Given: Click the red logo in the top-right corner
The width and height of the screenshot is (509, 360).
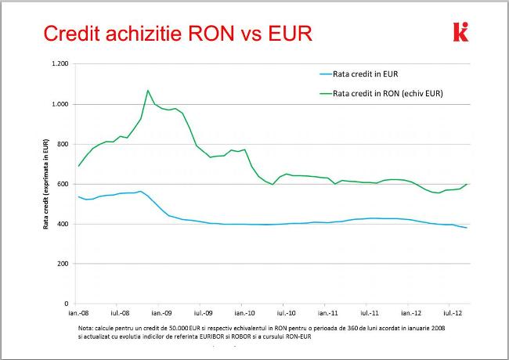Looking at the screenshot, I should [x=460, y=32].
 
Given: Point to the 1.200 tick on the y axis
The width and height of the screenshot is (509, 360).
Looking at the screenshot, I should [x=60, y=63].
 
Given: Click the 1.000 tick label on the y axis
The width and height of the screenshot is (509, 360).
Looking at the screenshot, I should [x=60, y=104].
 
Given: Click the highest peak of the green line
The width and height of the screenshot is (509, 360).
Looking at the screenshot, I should [x=148, y=90].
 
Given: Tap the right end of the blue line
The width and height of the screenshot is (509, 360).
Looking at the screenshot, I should [x=467, y=228].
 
